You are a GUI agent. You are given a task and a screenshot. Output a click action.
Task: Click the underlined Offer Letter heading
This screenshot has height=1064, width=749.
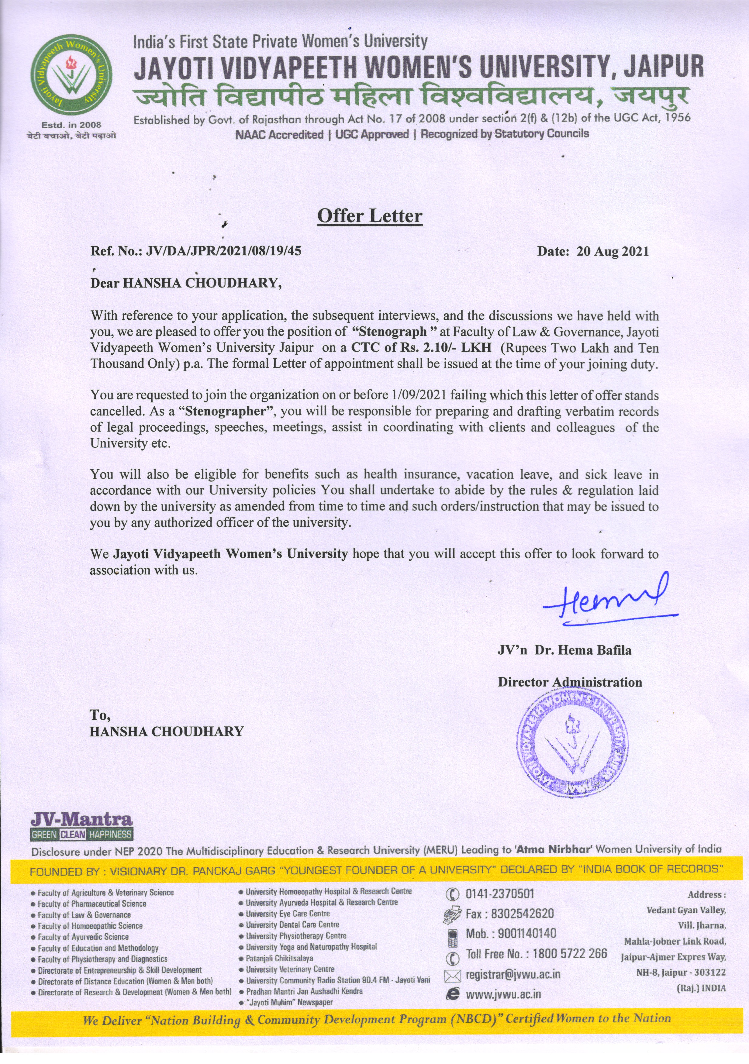click(x=369, y=216)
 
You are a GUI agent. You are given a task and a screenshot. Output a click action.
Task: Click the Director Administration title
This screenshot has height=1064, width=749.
click(x=570, y=682)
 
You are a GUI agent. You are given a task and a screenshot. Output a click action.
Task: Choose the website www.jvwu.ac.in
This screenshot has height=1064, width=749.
click(x=503, y=994)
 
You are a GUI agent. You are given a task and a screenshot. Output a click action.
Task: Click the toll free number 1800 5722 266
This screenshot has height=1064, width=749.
click(x=570, y=954)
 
